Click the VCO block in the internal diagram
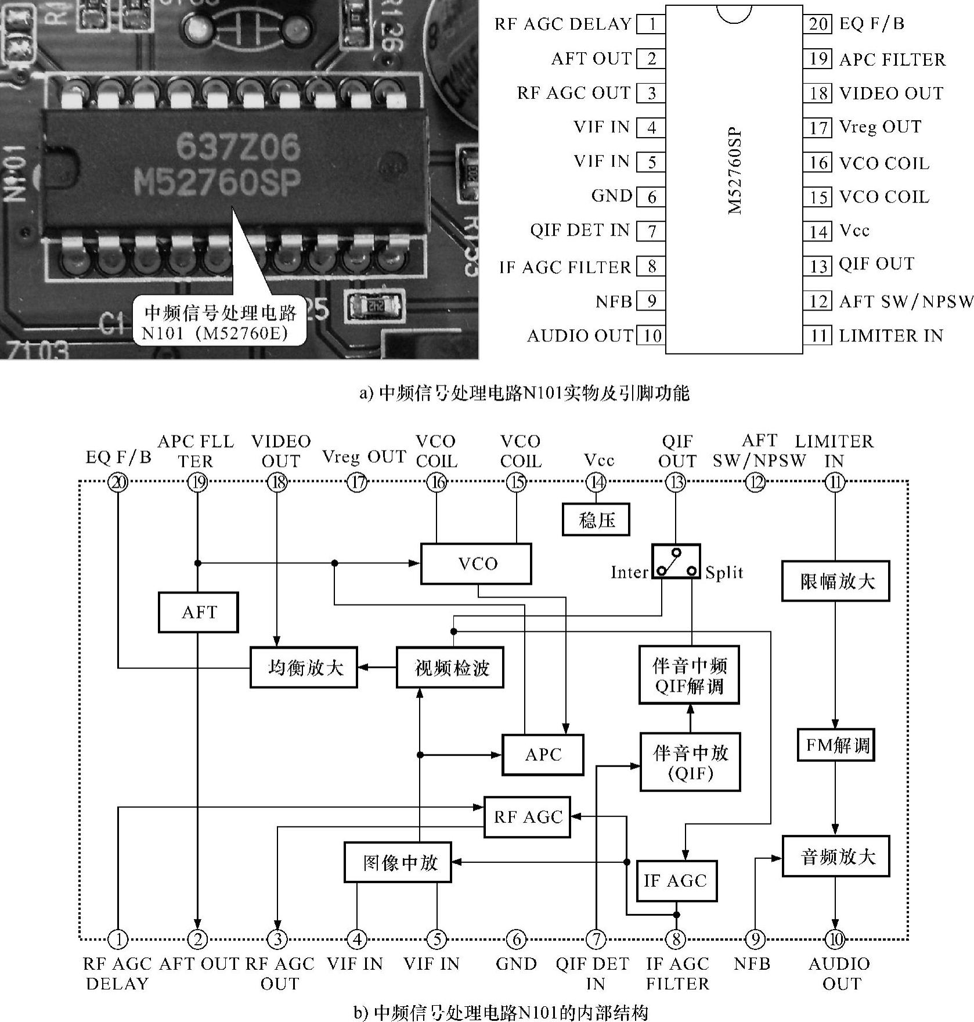tap(475, 563)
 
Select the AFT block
tap(198, 612)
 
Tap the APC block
tap(543, 754)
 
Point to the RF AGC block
tap(527, 817)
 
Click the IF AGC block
tap(676, 880)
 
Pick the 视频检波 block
tap(450, 668)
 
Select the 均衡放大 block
tap(304, 668)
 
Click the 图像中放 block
tap(398, 862)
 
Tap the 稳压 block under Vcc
tap(596, 519)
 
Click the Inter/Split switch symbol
tap(676, 562)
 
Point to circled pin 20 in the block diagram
tap(118, 482)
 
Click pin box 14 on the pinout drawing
tap(818, 231)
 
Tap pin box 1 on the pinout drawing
tap(651, 24)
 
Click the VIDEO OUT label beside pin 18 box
tap(891, 93)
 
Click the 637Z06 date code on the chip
tap(238, 147)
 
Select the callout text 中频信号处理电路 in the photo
tap(221, 313)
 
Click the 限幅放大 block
tap(836, 581)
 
